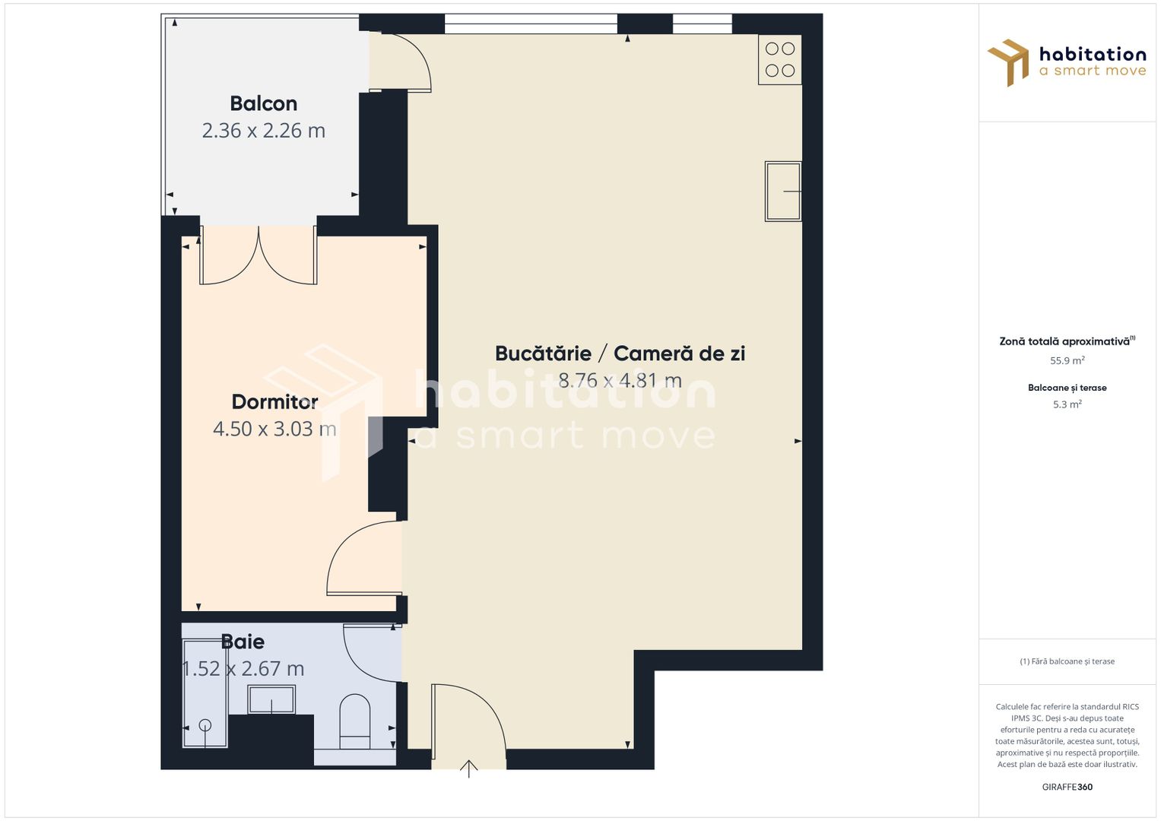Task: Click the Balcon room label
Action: tap(263, 103)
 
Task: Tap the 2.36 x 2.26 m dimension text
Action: tap(263, 131)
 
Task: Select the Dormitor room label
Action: tap(274, 401)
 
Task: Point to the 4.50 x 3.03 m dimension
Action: tap(274, 429)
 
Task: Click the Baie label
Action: tap(243, 642)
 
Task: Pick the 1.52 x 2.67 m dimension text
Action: tap(243, 669)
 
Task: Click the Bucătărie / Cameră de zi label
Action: tap(620, 353)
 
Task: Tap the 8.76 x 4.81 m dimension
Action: tap(620, 380)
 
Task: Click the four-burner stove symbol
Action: tap(780, 60)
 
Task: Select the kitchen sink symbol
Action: tap(782, 191)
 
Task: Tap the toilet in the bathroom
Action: tap(354, 718)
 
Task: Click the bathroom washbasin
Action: tap(271, 699)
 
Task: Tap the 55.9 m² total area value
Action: tap(1067, 361)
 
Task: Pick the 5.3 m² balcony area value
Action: tap(1067, 404)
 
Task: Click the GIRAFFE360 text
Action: tap(1067, 787)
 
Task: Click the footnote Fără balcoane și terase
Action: tap(1067, 661)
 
